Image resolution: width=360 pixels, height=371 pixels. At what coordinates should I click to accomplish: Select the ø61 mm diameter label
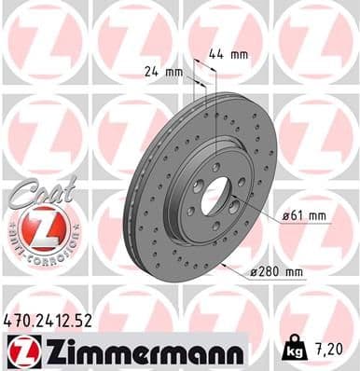point(305,216)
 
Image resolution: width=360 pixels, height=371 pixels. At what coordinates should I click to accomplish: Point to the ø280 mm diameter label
point(276,272)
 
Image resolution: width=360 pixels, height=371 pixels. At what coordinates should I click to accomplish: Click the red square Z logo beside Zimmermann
point(21,350)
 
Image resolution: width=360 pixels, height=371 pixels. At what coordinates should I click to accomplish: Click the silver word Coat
point(36,188)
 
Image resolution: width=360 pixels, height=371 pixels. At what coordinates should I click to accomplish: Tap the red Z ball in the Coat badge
point(37,227)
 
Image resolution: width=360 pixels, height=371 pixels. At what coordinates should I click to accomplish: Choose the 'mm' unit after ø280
point(294,272)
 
